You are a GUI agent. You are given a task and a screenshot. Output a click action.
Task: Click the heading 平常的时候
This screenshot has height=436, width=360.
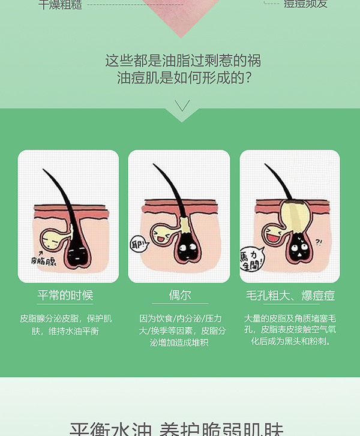click(x=65, y=296)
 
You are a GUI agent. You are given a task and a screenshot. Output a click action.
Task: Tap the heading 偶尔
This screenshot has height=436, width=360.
click(x=179, y=296)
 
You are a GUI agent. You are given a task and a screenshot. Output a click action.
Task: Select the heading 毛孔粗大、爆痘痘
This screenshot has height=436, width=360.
click(x=290, y=296)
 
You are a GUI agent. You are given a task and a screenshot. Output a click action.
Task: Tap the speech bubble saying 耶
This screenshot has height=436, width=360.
click(x=139, y=244)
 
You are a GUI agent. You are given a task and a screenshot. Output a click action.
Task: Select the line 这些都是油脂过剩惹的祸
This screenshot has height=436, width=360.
click(x=182, y=61)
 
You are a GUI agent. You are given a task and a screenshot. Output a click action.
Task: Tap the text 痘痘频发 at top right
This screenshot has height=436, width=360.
click(x=306, y=4)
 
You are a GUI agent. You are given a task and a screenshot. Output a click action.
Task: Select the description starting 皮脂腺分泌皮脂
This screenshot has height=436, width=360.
click(x=65, y=324)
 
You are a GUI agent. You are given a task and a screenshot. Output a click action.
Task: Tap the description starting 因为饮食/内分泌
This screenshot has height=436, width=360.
click(x=179, y=330)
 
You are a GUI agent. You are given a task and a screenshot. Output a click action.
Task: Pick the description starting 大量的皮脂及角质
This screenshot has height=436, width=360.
click(x=290, y=330)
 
